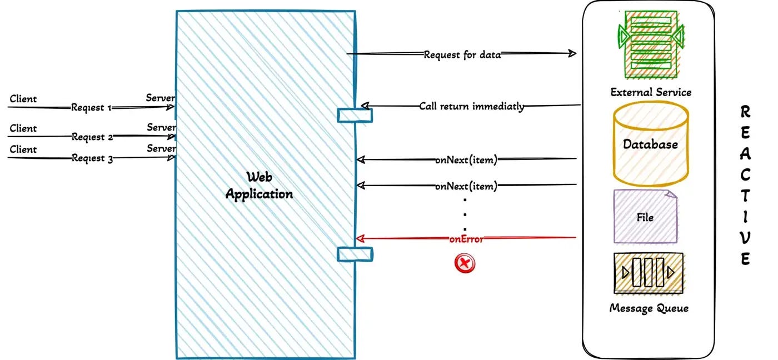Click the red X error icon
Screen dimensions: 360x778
[465, 263]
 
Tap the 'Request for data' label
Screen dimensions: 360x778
[462, 54]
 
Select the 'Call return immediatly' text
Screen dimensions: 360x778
[471, 106]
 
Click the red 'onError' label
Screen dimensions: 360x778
[466, 239]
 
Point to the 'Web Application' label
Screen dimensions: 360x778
[259, 186]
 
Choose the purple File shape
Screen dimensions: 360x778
[646, 217]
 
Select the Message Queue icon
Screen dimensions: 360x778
[649, 273]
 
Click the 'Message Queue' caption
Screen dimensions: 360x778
[649, 308]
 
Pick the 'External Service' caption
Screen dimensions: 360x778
[651, 92]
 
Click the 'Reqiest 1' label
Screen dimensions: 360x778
[92, 108]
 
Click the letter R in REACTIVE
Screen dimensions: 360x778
[746, 113]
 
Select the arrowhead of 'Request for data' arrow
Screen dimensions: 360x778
[572, 53]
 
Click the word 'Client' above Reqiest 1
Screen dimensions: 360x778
[23, 99]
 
